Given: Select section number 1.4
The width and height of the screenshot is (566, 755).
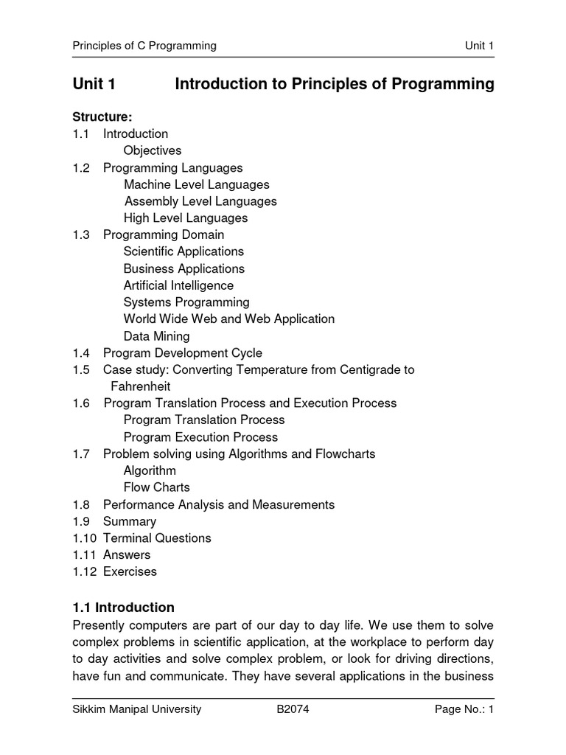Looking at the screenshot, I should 81,352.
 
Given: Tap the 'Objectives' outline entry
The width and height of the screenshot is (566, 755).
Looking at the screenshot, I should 153,150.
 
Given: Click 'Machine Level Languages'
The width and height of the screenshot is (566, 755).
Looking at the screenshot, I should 197,184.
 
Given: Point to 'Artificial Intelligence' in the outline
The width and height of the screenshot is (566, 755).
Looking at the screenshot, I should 178,285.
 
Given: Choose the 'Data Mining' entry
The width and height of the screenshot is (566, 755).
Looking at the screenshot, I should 156,336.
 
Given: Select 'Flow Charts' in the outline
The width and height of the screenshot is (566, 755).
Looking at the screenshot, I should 156,487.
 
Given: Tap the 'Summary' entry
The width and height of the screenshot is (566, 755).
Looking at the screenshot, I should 130,521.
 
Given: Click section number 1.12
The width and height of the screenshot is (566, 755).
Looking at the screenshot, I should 84,571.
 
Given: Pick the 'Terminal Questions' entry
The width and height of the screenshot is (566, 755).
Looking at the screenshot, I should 157,538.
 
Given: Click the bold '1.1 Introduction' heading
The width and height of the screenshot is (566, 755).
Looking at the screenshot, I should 124,608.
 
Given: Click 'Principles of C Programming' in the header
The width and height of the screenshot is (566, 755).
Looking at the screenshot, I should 144,46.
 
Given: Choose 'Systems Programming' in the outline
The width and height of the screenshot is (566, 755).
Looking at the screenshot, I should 186,302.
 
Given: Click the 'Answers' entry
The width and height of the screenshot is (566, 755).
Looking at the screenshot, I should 127,554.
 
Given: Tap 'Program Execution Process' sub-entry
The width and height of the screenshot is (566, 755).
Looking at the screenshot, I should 200,436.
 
